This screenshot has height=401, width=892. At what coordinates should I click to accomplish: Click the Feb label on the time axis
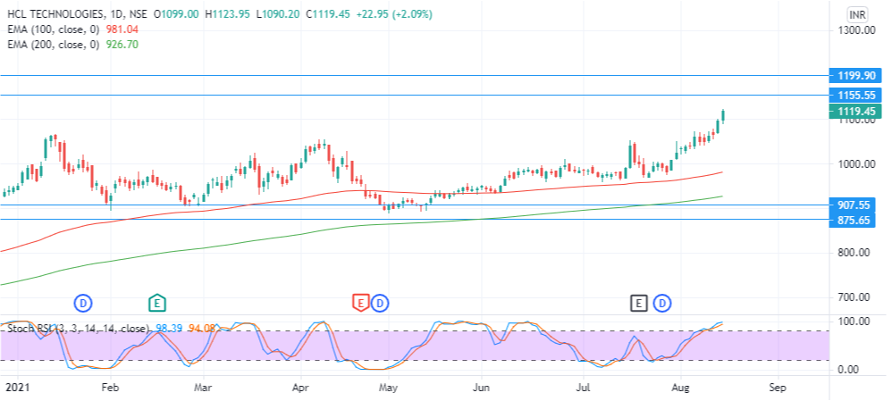[110, 388]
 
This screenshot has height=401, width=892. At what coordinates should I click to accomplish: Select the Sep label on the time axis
[777, 388]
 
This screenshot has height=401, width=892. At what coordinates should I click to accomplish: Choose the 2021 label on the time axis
[17, 388]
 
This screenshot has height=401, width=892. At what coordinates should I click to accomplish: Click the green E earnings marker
[157, 303]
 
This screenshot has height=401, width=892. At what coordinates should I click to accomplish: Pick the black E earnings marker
[638, 303]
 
